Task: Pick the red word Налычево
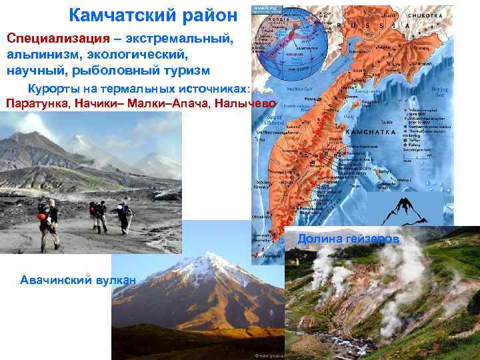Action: click(x=247, y=103)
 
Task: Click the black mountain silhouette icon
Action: click(x=409, y=209)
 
